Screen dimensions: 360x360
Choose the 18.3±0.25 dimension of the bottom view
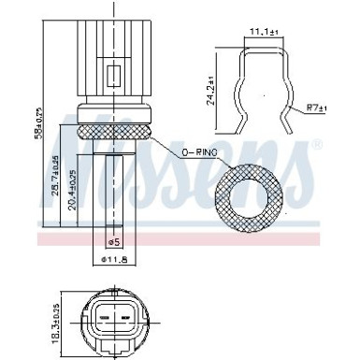point(55,318)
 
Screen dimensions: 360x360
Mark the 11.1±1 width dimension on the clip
point(259,33)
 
